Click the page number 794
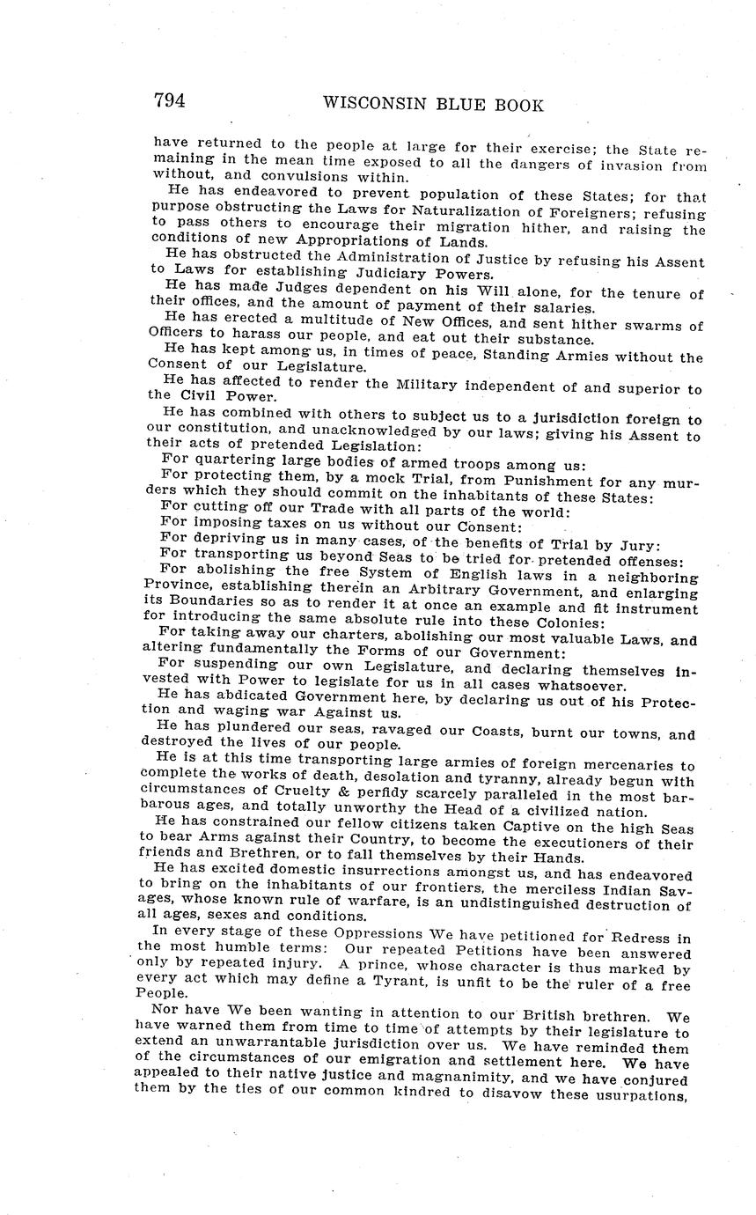(x=169, y=101)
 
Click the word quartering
(x=230, y=464)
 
